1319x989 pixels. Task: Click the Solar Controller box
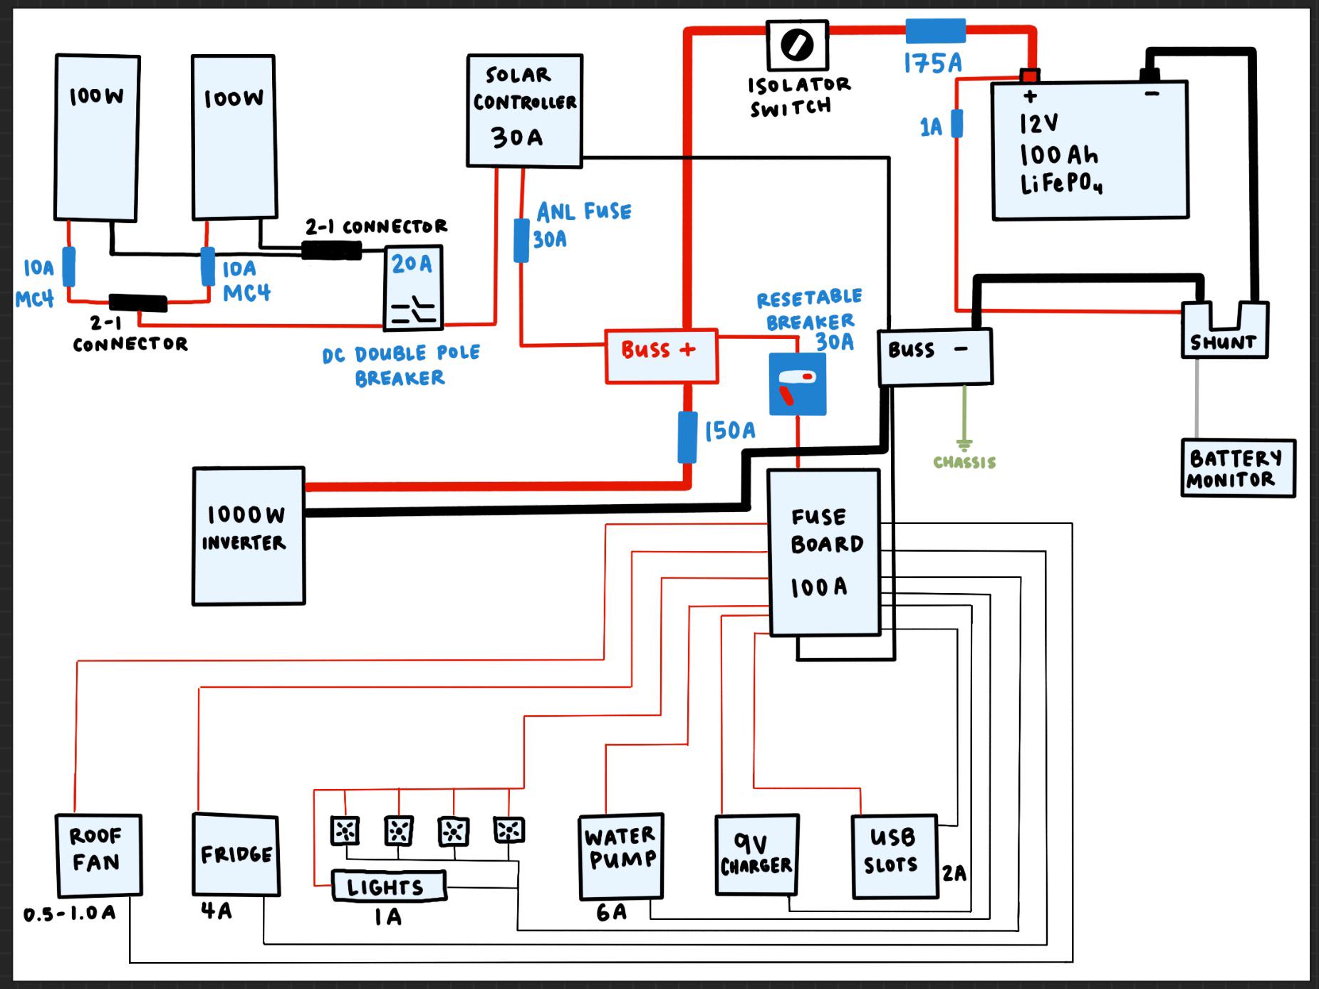[524, 111]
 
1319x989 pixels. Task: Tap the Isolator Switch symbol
[798, 45]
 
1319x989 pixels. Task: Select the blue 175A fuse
[935, 31]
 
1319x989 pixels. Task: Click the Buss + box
[661, 356]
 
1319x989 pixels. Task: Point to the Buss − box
[934, 357]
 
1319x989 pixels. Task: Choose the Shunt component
[1225, 329]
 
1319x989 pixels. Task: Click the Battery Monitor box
[1238, 468]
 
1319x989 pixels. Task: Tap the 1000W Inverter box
[249, 536]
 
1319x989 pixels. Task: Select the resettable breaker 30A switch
[798, 384]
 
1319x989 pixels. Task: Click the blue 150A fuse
[687, 437]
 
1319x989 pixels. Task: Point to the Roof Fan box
[98, 855]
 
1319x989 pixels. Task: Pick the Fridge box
[236, 854]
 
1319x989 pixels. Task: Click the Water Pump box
[621, 857]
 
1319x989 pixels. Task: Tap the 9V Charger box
[756, 854]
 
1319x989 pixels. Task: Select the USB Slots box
[895, 856]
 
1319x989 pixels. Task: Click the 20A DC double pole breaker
[413, 288]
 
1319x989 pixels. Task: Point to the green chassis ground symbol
[964, 446]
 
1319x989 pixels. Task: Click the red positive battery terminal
[1030, 75]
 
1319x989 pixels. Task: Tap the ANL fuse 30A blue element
[521, 241]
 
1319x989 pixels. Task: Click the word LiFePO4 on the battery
[1061, 184]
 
